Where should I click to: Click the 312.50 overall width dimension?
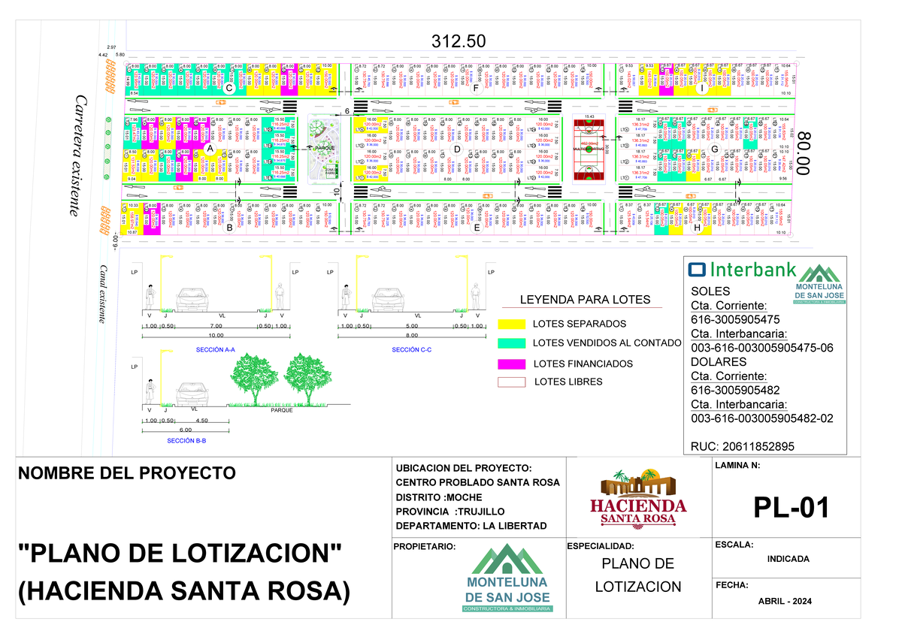[x=458, y=41]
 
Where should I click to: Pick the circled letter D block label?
[x=456, y=149]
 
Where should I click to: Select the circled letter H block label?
[x=698, y=228]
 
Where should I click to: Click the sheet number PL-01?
[x=791, y=509]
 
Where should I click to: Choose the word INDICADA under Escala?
[x=788, y=559]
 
